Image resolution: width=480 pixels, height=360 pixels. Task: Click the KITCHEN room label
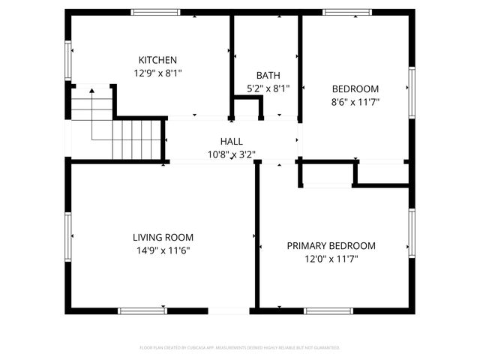tap(157, 60)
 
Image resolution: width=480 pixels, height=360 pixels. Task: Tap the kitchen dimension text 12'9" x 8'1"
tap(157, 73)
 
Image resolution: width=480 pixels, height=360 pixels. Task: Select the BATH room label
tap(268, 75)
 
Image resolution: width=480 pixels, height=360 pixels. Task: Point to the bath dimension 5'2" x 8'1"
tap(268, 88)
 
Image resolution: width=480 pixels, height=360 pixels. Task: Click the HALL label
tap(231, 142)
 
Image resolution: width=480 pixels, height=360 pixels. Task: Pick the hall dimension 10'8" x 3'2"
tap(231, 155)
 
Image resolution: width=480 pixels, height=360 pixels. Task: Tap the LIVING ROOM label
tap(163, 237)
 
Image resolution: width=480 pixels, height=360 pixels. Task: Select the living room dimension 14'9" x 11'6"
tap(163, 250)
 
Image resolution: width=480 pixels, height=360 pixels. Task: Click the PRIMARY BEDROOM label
tap(331, 245)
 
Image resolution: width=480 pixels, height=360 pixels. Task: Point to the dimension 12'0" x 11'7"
tap(331, 259)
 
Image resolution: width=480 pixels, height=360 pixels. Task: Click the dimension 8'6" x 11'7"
tap(355, 102)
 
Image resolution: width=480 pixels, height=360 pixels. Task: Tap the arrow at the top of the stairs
tap(91, 91)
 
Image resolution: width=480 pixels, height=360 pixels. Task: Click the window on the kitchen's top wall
tap(155, 12)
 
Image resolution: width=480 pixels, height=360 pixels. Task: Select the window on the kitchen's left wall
tap(68, 60)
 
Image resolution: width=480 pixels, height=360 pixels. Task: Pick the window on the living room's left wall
tap(68, 235)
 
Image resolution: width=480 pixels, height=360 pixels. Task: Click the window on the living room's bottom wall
tap(142, 310)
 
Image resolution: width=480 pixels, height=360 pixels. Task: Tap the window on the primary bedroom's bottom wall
tap(328, 310)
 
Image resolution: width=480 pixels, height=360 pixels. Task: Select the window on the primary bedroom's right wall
tap(412, 232)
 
